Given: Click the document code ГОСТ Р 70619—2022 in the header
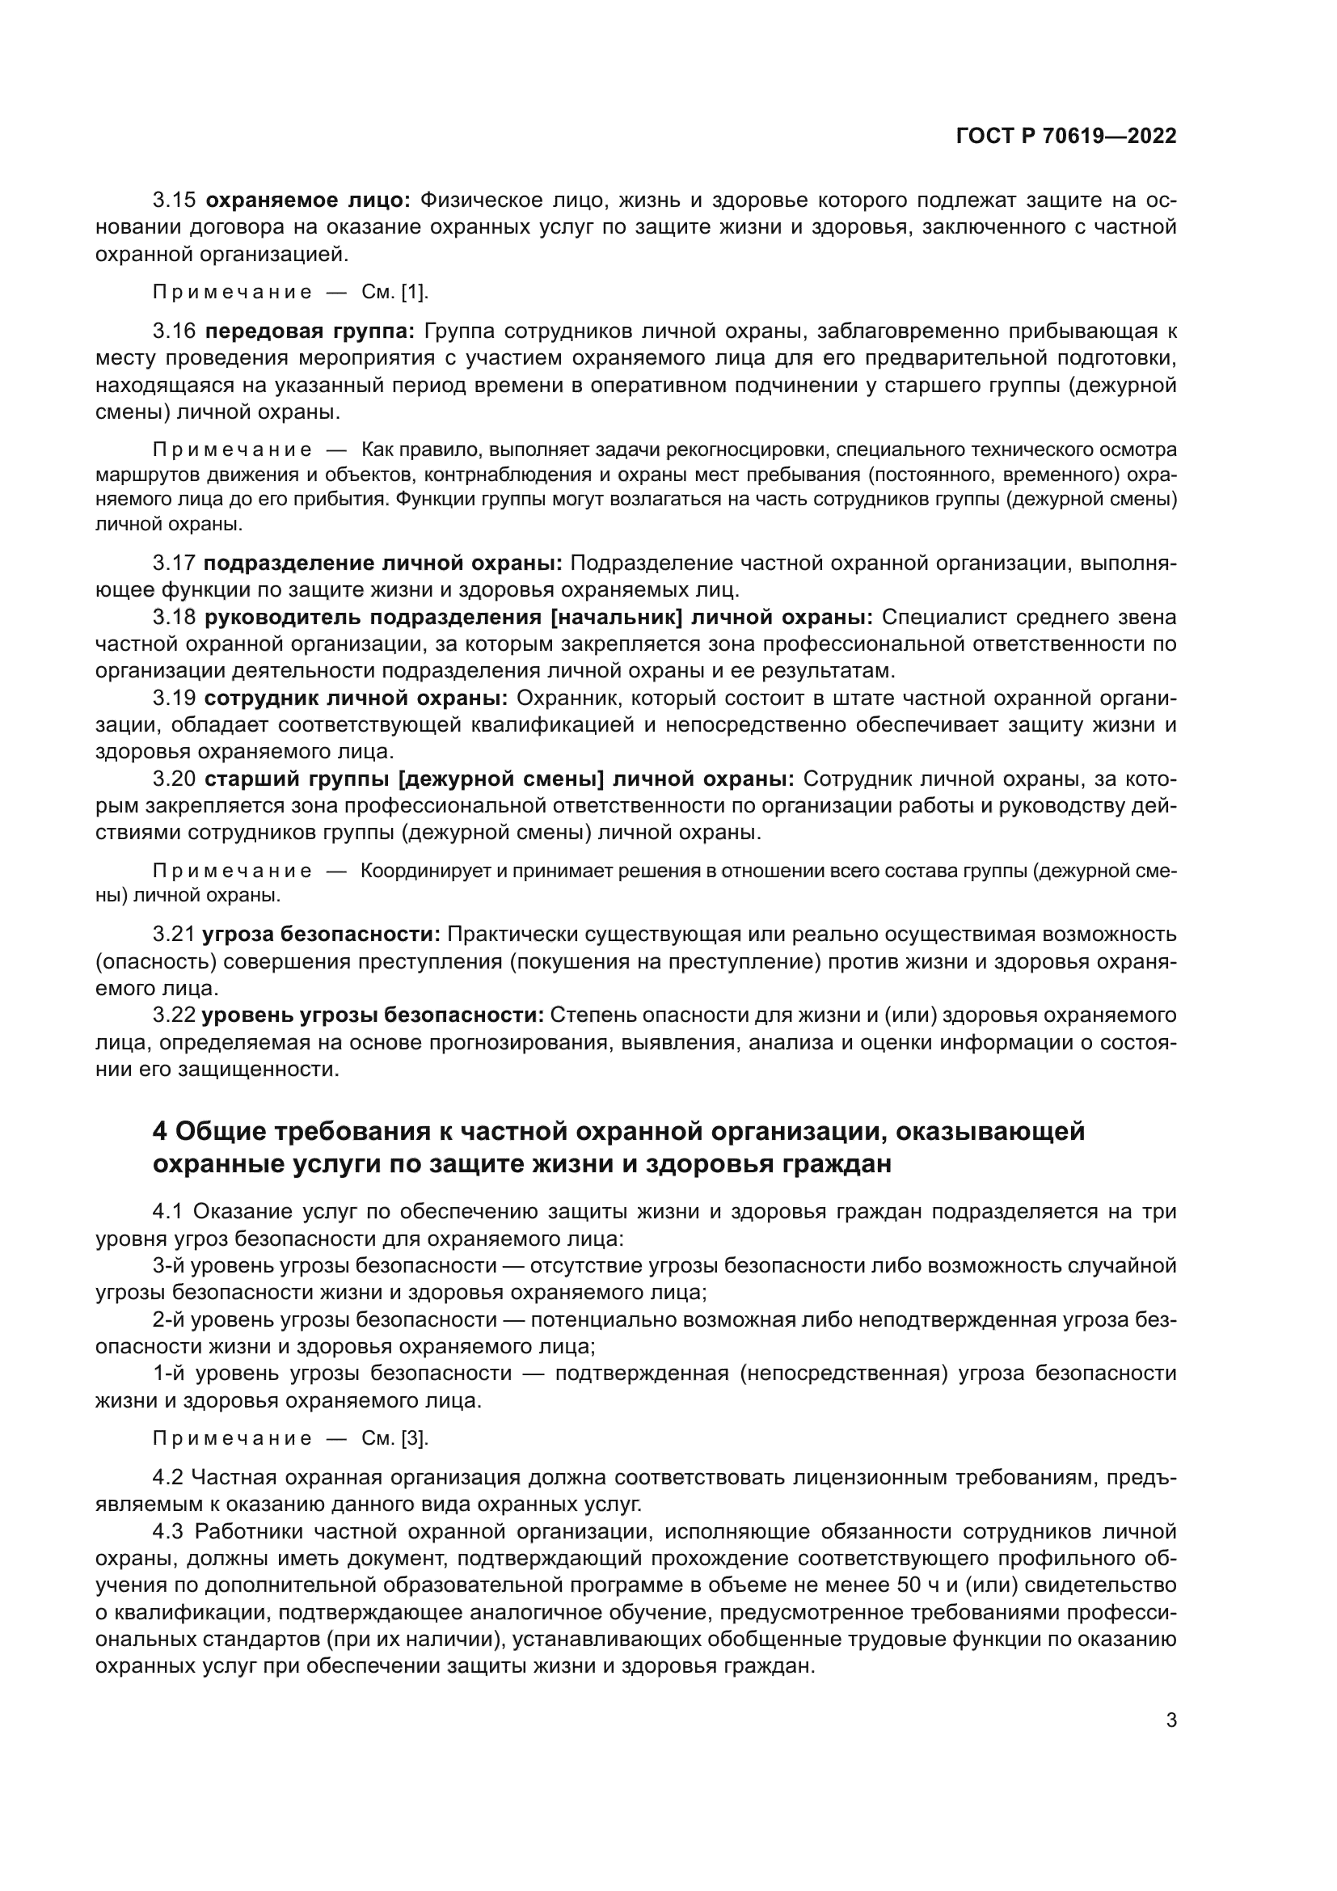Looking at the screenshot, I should [x=1066, y=136].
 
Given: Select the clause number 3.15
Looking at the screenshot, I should [x=175, y=200].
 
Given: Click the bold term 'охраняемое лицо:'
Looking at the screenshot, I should [x=308, y=200].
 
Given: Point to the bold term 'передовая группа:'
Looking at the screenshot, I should [x=310, y=332].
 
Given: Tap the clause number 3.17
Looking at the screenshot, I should [x=175, y=564].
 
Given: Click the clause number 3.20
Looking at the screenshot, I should [x=175, y=779].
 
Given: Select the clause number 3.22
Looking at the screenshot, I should [x=175, y=1015].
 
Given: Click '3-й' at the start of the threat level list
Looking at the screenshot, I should [x=169, y=1266].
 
